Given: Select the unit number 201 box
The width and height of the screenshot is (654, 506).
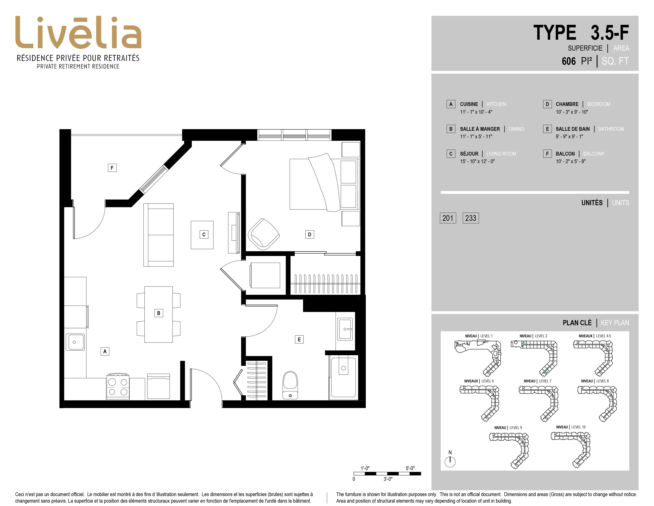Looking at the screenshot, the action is click(x=448, y=218).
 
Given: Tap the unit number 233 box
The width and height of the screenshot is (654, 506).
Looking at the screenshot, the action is click(x=470, y=218).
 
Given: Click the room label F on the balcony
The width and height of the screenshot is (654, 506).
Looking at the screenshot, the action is click(x=112, y=167).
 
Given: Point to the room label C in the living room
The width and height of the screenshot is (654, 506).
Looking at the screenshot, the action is click(x=204, y=234).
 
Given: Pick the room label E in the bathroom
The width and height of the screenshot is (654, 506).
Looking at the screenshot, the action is click(x=299, y=339).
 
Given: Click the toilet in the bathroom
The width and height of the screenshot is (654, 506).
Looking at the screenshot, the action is click(x=290, y=385).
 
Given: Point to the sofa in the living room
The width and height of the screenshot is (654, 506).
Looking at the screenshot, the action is click(x=158, y=235).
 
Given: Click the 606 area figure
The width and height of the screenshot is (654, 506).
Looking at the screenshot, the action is click(x=569, y=61).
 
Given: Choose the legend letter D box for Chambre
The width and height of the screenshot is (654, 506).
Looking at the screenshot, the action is click(x=547, y=104).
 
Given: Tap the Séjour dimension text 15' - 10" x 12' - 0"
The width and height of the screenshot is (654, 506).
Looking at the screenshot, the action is click(x=477, y=161).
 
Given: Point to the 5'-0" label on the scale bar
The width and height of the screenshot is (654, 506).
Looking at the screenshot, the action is click(x=410, y=468).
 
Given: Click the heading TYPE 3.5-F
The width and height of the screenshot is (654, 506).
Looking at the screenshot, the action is click(x=581, y=33).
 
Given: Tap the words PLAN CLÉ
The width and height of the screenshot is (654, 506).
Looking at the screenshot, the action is click(x=577, y=323).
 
